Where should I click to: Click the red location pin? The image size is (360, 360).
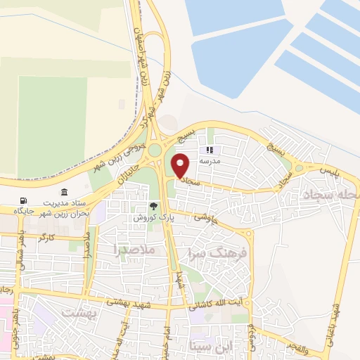[181, 165]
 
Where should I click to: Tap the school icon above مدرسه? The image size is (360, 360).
[210, 150]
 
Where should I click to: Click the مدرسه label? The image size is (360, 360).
[210, 161]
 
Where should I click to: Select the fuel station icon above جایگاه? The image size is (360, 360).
[25, 200]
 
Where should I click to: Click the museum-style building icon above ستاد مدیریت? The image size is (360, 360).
[65, 193]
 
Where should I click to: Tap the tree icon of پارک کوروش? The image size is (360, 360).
[153, 207]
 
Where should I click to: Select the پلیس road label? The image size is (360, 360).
[328, 171]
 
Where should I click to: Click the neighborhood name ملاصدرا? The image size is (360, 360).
[131, 250]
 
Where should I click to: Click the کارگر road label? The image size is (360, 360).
[47, 238]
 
